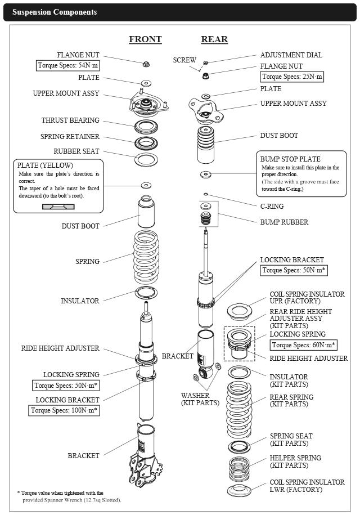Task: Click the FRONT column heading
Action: pos(145,39)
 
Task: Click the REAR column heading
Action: pos(214,39)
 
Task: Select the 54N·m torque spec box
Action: pos(68,66)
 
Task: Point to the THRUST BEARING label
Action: pos(70,120)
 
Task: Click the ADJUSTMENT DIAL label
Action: pos(291,55)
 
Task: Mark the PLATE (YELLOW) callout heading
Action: pos(45,165)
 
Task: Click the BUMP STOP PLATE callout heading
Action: pos(290,159)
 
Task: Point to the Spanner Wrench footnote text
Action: pos(72,500)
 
